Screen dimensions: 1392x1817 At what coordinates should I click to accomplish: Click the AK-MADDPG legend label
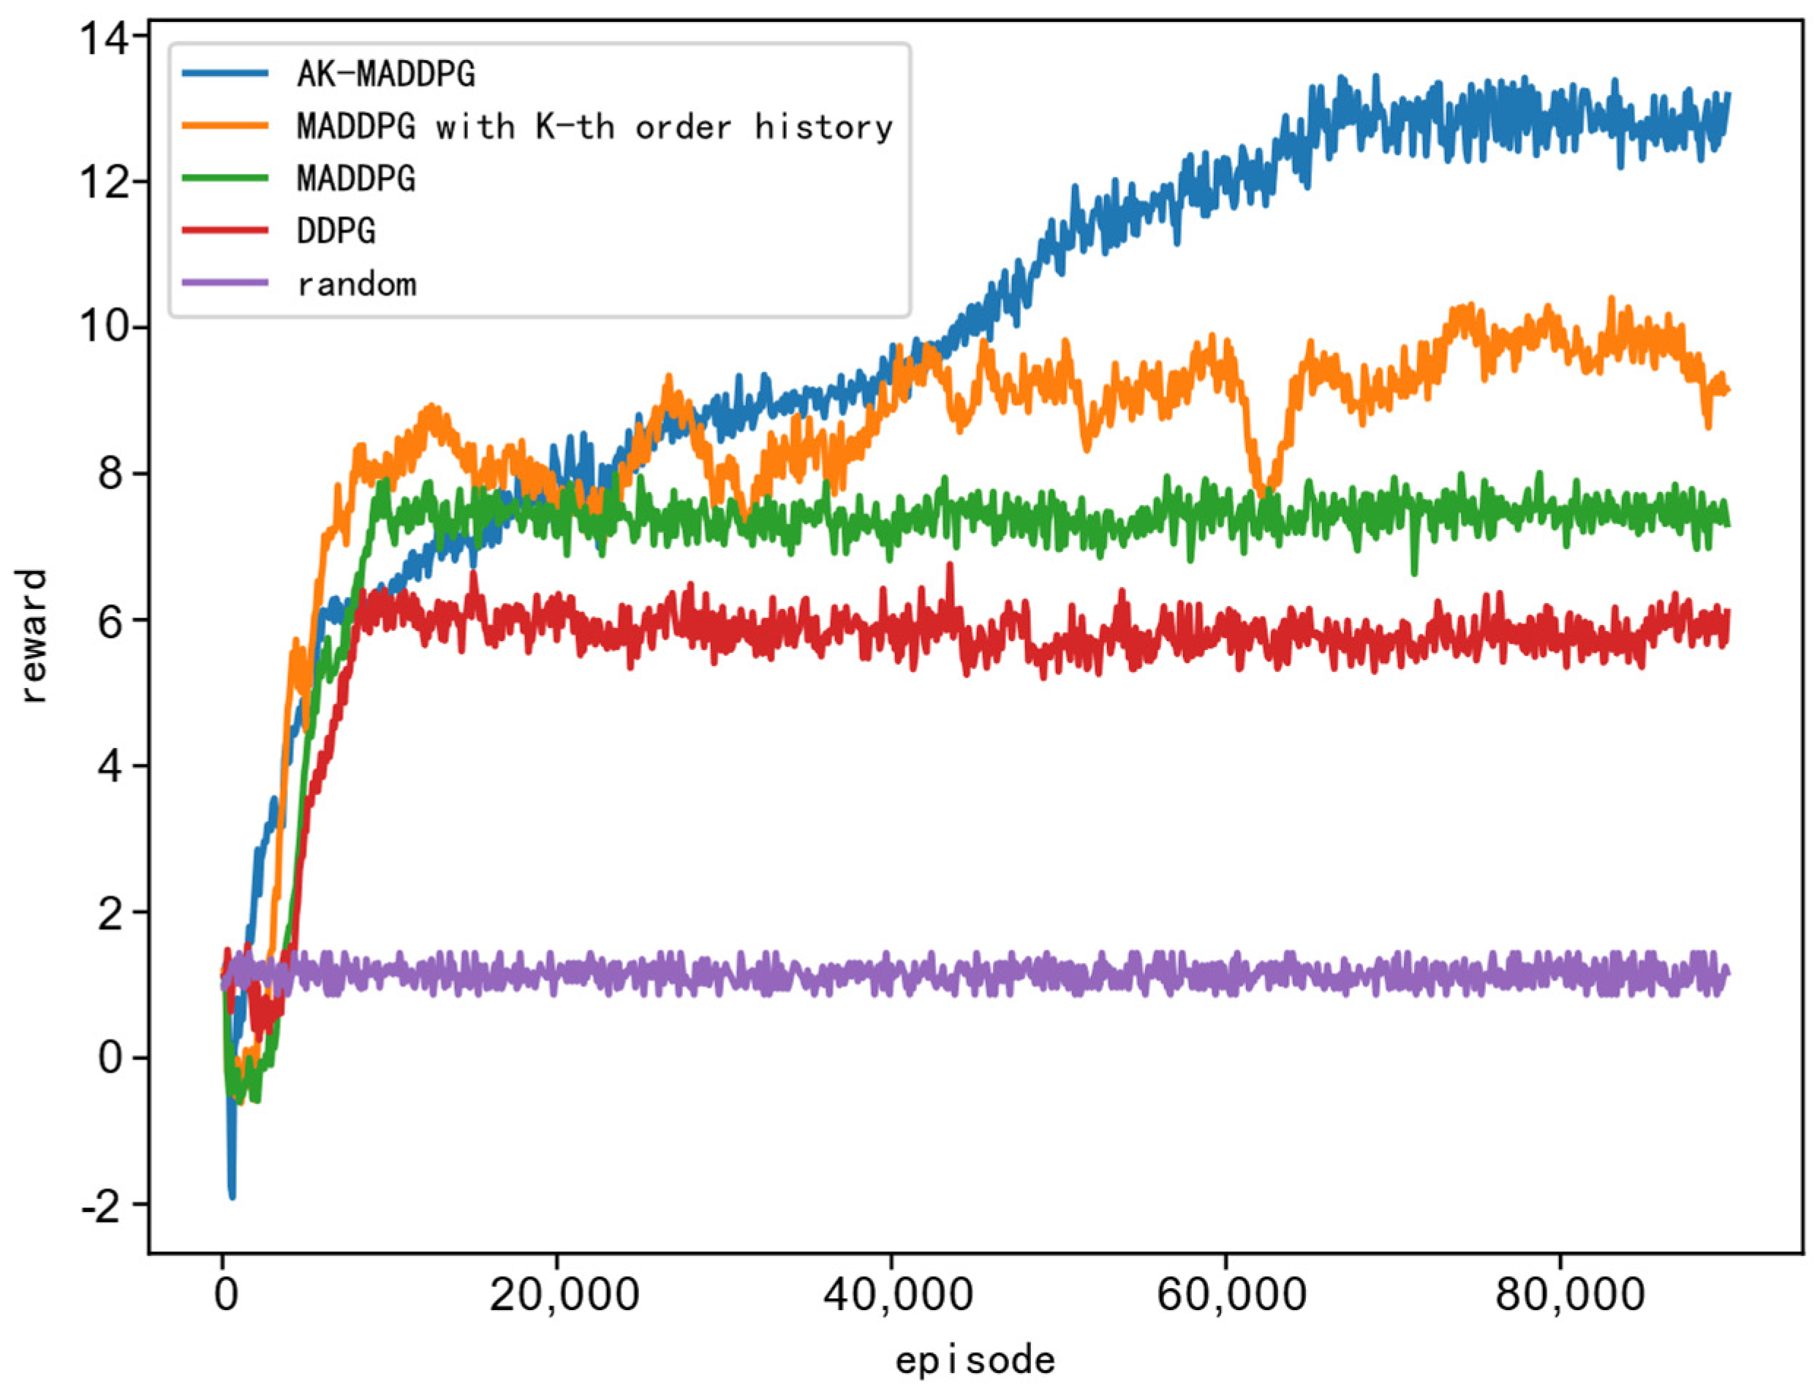[x=386, y=75]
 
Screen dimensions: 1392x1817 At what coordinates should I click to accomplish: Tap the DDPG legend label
[x=336, y=231]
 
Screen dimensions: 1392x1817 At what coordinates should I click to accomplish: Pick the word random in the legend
[x=356, y=284]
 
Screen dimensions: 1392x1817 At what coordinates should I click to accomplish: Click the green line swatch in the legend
[x=225, y=178]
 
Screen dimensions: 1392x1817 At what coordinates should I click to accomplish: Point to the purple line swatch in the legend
[x=225, y=282]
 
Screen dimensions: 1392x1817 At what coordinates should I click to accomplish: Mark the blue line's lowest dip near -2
[x=231, y=1195]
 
